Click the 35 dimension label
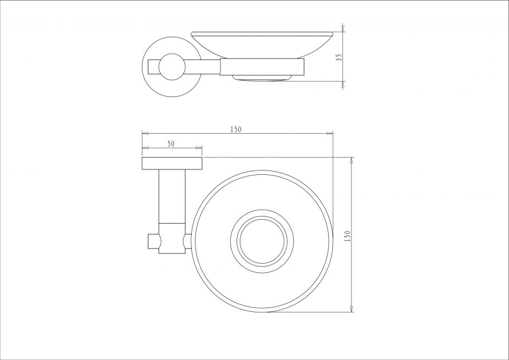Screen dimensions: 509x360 [339, 57]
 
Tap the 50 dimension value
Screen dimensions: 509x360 [171, 144]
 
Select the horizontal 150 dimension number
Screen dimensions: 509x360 [236, 129]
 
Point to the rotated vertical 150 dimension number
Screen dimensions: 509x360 [348, 236]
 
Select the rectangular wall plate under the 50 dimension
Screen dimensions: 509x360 [172, 163]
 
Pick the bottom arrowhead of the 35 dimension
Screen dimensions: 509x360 [343, 85]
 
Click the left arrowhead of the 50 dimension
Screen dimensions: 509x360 [145, 148]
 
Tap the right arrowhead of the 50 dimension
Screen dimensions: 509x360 [199, 148]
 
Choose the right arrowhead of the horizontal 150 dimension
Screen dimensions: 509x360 [329, 133]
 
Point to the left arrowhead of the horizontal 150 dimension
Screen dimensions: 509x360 [146, 133]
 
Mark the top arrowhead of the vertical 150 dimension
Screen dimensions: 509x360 [351, 161]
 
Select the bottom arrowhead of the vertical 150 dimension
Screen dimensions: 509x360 [351, 309]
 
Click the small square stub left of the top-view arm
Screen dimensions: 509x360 [154, 241]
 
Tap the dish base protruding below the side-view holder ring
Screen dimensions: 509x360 [262, 78]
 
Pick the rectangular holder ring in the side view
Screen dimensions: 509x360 [262, 67]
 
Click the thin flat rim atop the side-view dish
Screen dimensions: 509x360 [262, 34]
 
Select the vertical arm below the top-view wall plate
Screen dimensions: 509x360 [172, 196]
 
